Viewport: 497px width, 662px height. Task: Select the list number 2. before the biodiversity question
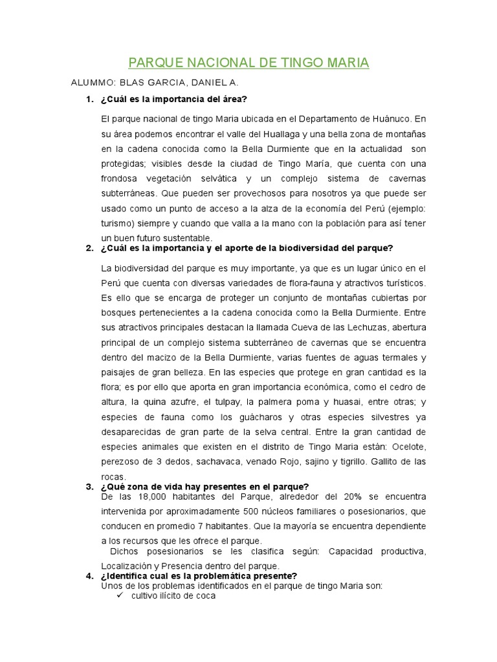(89, 248)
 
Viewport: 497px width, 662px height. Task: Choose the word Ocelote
(408, 447)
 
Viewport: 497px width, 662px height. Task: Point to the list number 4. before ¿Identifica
(89, 576)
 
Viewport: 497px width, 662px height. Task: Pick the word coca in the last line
(205, 596)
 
